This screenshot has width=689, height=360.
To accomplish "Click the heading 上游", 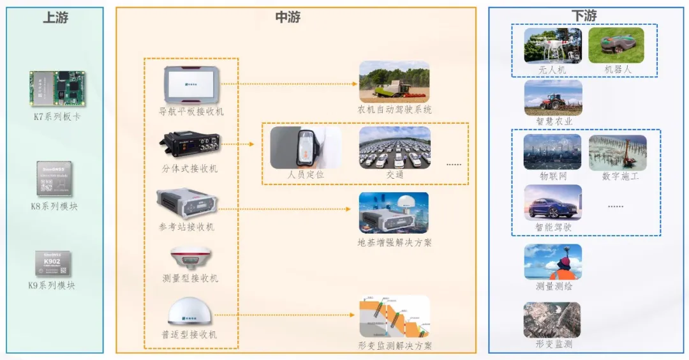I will click(55, 18).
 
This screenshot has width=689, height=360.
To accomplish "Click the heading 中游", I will click(288, 18).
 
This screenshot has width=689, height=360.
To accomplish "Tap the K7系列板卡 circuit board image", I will click(57, 89).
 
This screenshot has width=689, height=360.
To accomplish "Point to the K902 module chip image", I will click(54, 263).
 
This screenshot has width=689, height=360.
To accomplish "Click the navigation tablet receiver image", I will click(191, 84).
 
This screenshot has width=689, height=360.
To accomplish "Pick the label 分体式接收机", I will click(189, 169).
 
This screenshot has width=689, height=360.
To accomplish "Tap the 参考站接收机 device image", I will click(188, 204).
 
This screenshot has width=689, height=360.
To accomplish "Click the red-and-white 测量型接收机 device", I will click(188, 257).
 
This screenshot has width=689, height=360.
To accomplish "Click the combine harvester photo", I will click(394, 81).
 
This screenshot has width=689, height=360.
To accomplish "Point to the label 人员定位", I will click(306, 174).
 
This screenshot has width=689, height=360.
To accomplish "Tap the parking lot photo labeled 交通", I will click(394, 147).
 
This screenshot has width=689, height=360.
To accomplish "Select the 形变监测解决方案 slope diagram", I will click(394, 317).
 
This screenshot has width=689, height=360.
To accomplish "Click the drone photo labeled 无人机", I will click(552, 45).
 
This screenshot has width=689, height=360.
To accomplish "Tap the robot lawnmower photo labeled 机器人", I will click(616, 45).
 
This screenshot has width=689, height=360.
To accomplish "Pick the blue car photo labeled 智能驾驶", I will click(552, 203).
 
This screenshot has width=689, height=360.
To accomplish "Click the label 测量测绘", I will click(554, 286).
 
